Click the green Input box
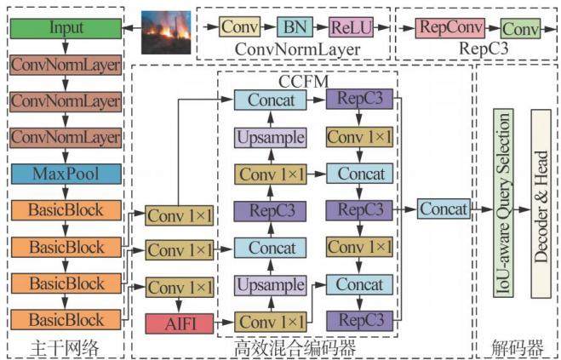pyautogui.click(x=66, y=28)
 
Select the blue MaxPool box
pyautogui.click(x=66, y=174)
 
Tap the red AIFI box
pyautogui.click(x=180, y=323)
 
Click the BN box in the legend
pyautogui.click(x=295, y=27)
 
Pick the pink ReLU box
pyautogui.click(x=351, y=27)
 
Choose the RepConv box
pyautogui.click(x=450, y=28)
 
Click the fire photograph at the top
pyautogui.click(x=166, y=32)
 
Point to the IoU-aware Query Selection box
pyautogui.click(x=503, y=203)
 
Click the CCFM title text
pyautogui.click(x=303, y=82)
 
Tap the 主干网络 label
pyautogui.click(x=65, y=347)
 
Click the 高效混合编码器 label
pyautogui.click(x=295, y=348)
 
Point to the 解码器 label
pyautogui.click(x=517, y=347)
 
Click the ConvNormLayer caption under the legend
pyautogui.click(x=297, y=49)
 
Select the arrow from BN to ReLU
pyautogui.click(x=321, y=27)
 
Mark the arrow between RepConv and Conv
pyautogui.click(x=493, y=28)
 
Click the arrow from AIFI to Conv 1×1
pyautogui.click(x=224, y=323)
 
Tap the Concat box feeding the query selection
pyautogui.click(x=444, y=209)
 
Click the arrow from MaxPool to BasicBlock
pyautogui.click(x=66, y=192)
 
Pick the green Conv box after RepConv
pyautogui.click(x=521, y=29)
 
